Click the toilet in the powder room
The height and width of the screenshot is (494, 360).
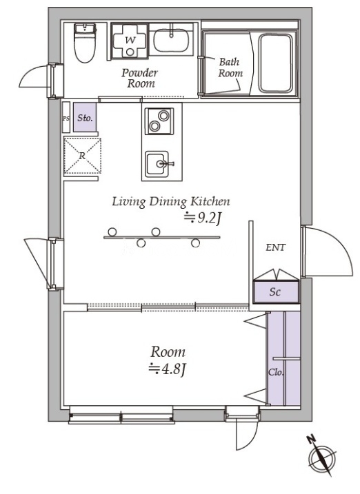(x=85, y=43)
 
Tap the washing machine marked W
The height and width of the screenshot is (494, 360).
(x=130, y=41)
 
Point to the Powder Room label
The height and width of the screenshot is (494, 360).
(x=139, y=78)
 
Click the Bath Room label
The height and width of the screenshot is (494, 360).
(x=230, y=68)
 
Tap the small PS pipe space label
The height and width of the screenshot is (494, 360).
(x=66, y=119)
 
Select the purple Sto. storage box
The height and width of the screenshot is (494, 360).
(x=85, y=117)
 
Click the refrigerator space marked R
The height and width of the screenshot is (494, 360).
(x=82, y=156)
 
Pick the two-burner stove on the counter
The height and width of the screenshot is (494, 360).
(x=159, y=121)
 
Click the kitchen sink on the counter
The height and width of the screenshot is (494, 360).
(x=157, y=164)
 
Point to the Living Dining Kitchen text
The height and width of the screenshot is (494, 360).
(x=171, y=201)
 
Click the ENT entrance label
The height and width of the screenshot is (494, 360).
(x=275, y=247)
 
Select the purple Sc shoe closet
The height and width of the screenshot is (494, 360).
(x=276, y=292)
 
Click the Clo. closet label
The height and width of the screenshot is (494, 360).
(x=276, y=372)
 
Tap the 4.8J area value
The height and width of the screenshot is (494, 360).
(x=167, y=369)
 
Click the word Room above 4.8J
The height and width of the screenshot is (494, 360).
(x=168, y=352)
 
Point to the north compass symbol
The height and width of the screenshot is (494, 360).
(x=321, y=456)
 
